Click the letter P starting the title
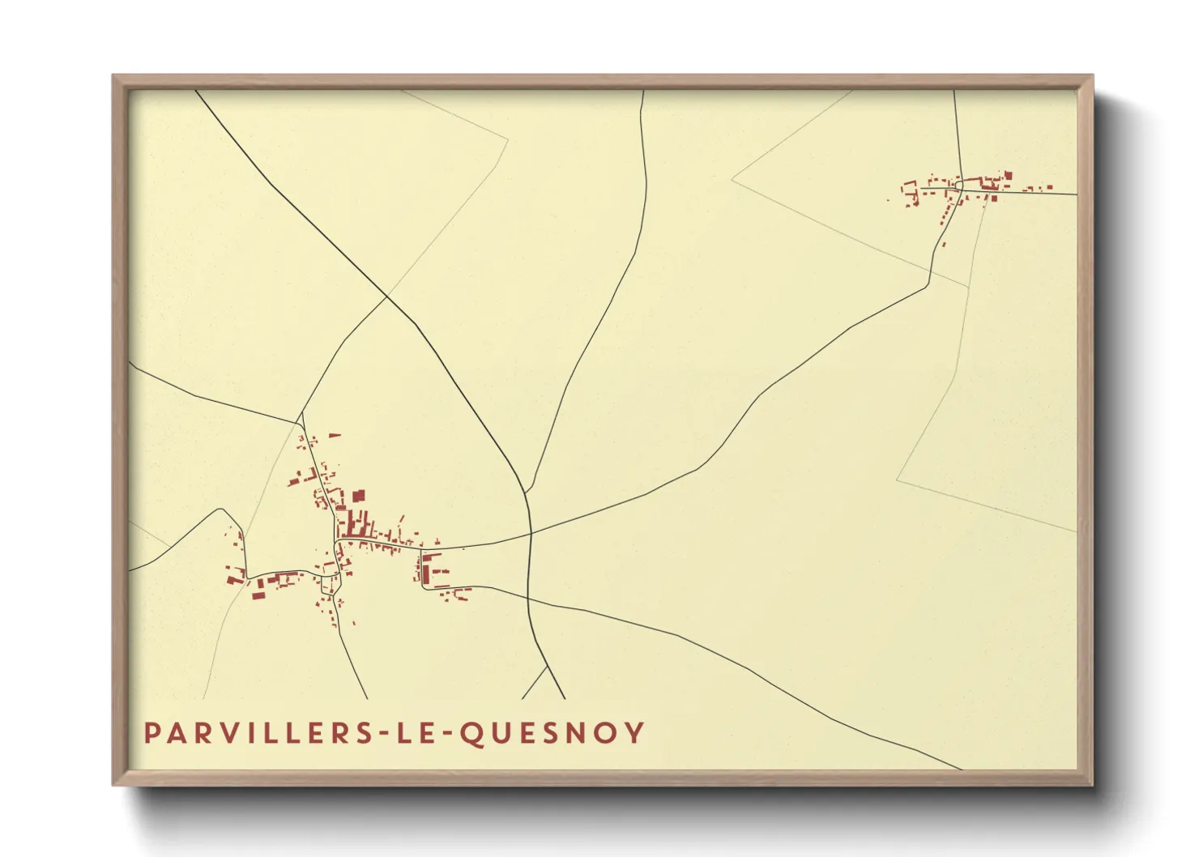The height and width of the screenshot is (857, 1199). pyautogui.click(x=151, y=733)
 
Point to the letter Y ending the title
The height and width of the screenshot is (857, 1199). pyautogui.click(x=636, y=733)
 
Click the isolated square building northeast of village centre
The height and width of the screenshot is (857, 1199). pyautogui.click(x=359, y=495)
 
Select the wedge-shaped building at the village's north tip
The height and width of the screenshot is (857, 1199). pyautogui.click(x=334, y=436)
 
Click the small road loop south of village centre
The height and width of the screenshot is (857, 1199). pyautogui.click(x=329, y=584)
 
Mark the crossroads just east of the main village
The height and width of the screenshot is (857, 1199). pyautogui.click(x=530, y=534)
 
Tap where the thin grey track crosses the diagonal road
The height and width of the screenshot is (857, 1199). pyautogui.click(x=386, y=297)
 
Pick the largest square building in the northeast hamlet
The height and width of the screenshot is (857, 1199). pyautogui.click(x=1008, y=174)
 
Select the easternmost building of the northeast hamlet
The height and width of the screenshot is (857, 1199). pyautogui.click(x=1050, y=188)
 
